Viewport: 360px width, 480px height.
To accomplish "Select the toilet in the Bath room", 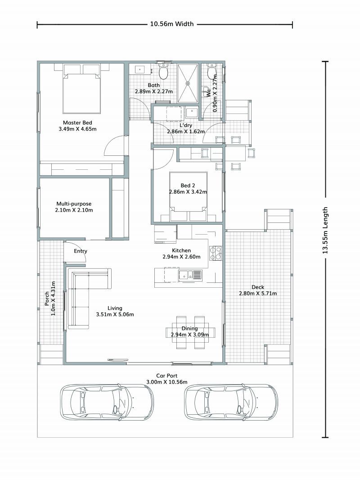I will pyautogui.click(x=163, y=72).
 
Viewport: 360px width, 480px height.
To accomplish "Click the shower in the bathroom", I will pyautogui.click(x=188, y=83).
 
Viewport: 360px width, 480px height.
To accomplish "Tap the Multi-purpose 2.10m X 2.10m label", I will pyautogui.click(x=74, y=207).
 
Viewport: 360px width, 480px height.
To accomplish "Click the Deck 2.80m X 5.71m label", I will pyautogui.click(x=257, y=290).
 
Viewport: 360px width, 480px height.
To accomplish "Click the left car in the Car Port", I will pyautogui.click(x=107, y=402).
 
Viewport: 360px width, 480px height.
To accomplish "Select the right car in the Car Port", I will pyautogui.click(x=231, y=402).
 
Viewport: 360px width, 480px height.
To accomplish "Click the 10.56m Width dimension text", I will pyautogui.click(x=171, y=24).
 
